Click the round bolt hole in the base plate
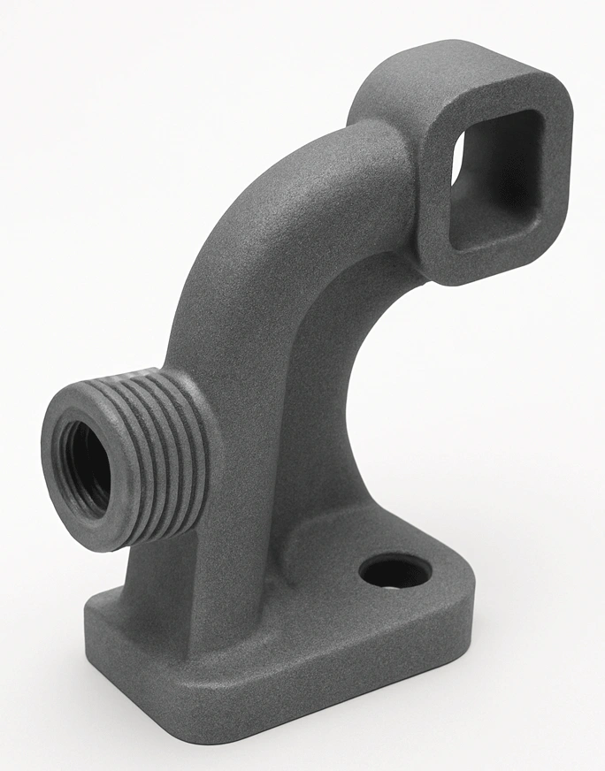394,572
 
